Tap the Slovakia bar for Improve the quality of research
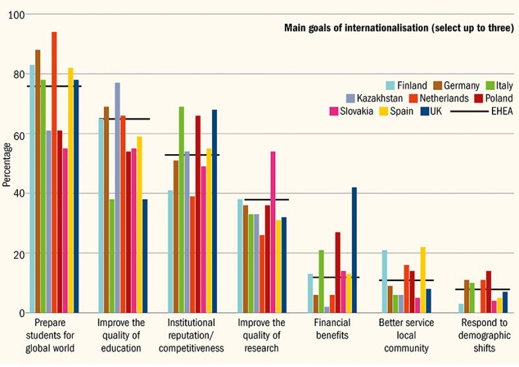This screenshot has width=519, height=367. (x=273, y=232)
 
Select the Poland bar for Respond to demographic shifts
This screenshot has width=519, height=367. (x=489, y=292)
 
